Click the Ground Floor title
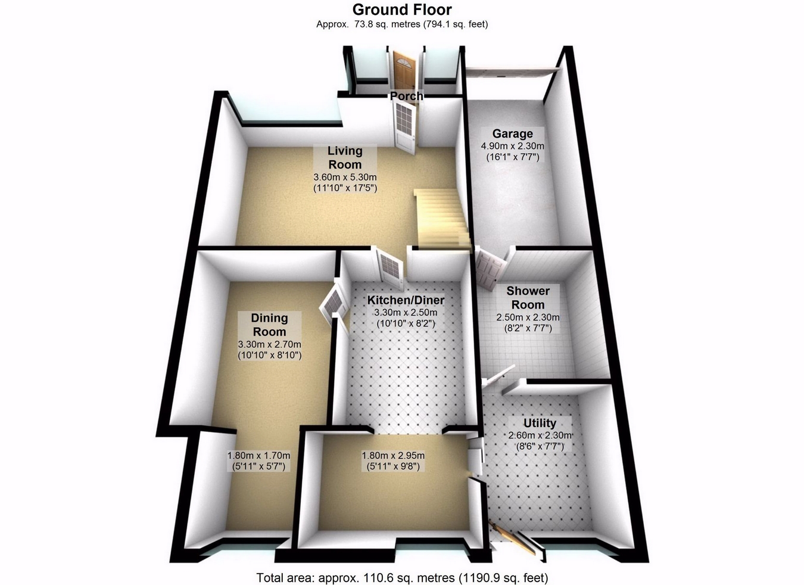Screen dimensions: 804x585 tap(402, 10)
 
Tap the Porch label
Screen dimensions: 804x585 tap(406, 96)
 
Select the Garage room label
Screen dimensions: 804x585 tap(512, 133)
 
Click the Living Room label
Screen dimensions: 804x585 tap(345, 158)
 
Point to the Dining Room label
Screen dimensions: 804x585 tap(269, 325)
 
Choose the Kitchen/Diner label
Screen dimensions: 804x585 tap(406, 300)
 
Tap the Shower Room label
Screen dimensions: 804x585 tap(528, 298)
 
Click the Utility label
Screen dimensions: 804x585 tap(540, 423)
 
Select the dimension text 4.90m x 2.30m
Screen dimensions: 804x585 tap(512, 146)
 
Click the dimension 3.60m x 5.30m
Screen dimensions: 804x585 tap(345, 178)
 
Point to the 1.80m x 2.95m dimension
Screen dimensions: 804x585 tap(393, 456)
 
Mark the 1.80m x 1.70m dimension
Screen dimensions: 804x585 tap(258, 456)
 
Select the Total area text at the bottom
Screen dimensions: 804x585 tap(402, 577)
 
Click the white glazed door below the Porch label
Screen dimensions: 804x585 tap(404, 126)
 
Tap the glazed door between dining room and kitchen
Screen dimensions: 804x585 tap(334, 304)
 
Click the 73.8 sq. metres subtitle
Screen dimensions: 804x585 tap(402, 24)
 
